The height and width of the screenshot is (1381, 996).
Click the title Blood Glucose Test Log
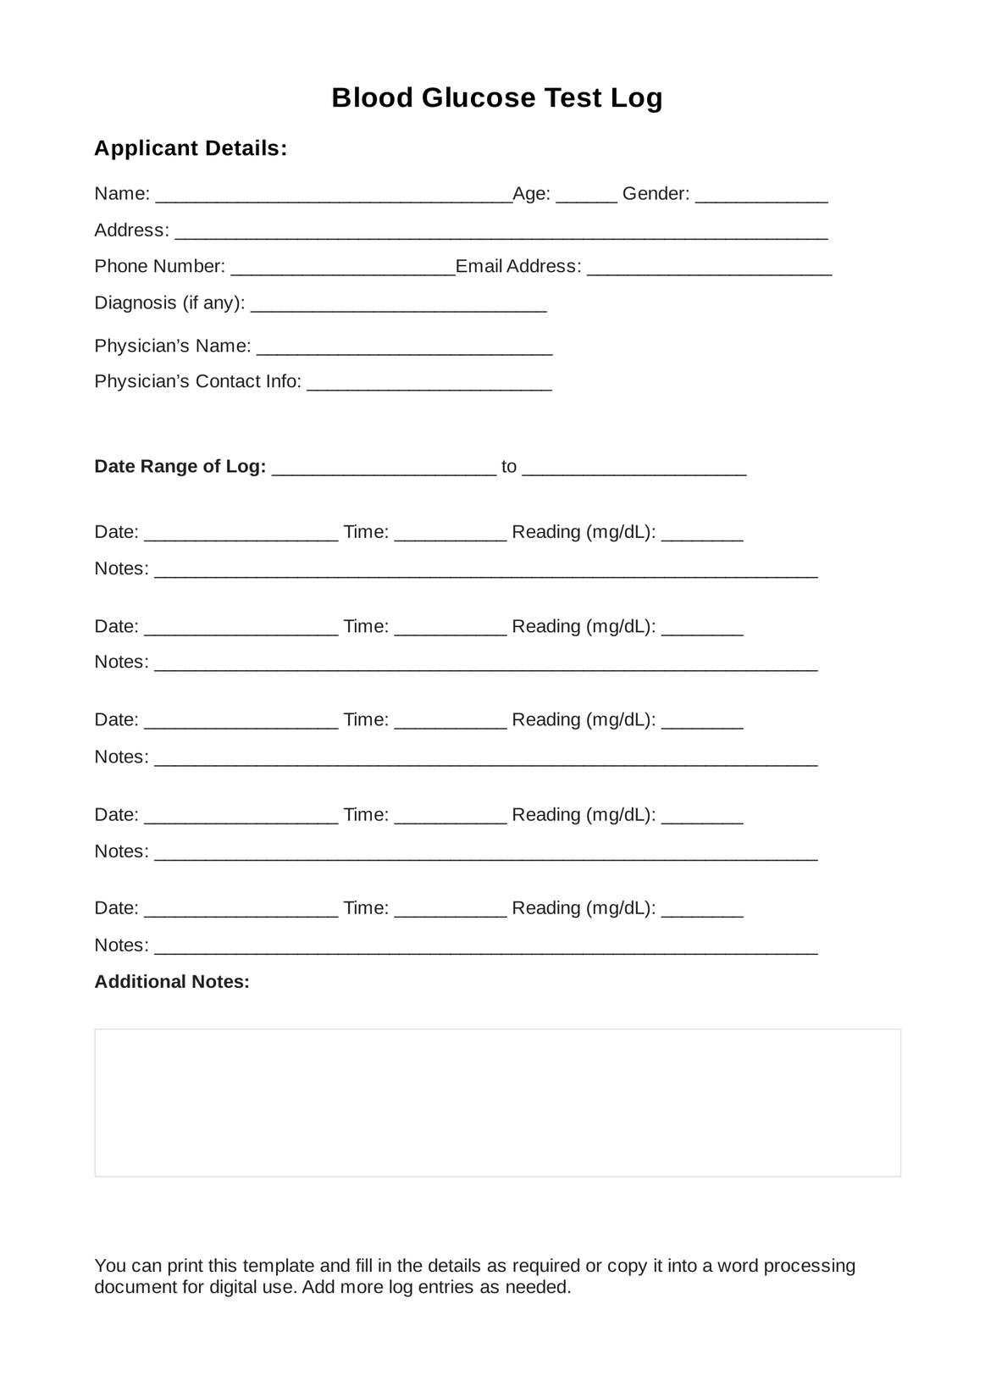pos(497,98)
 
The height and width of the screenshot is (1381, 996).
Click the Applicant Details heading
pos(191,148)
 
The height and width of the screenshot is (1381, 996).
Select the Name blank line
pos(334,197)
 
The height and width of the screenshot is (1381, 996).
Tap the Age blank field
pos(587,197)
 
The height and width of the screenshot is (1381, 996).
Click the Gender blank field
pos(761,197)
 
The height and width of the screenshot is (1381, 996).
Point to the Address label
pos(131,230)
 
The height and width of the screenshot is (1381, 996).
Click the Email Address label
pos(518,266)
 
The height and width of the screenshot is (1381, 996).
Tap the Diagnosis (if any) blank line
pos(399,306)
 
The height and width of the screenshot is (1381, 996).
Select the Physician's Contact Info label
pos(197,381)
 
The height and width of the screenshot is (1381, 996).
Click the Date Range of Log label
pos(180,467)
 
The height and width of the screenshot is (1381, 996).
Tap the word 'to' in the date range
pos(509,467)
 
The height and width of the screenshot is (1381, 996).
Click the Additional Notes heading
pos(172,982)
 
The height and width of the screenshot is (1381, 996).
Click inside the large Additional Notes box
pos(497,1102)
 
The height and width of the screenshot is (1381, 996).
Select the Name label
pos(122,194)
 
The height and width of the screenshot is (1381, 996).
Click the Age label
pos(532,194)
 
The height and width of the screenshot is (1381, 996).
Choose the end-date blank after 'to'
pos(634,470)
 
